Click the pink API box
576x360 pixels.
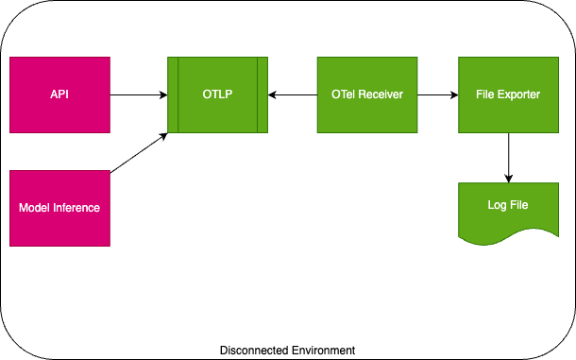[59, 94]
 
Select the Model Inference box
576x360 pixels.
[59, 208]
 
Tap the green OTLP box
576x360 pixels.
[217, 94]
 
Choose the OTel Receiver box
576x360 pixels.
[367, 94]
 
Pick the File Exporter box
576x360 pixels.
[508, 94]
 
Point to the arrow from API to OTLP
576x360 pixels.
[138, 94]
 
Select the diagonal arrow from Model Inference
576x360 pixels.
[139, 153]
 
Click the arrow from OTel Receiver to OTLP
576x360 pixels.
[293, 94]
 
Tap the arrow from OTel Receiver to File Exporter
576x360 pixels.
[437, 94]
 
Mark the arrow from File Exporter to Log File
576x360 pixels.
[509, 157]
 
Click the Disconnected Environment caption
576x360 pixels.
[287, 351]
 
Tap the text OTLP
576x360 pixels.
[217, 94]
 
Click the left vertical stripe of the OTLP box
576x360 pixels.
[173, 94]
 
